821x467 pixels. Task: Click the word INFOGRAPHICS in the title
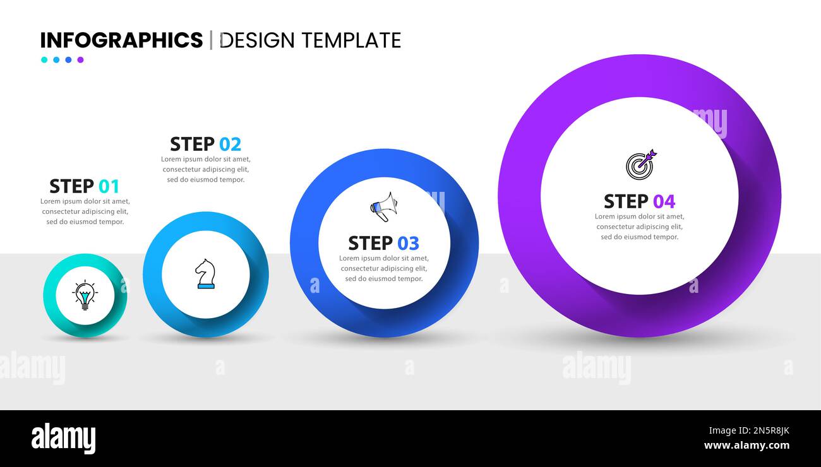pos(121,40)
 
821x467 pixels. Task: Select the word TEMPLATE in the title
pos(352,40)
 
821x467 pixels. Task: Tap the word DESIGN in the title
pos(257,40)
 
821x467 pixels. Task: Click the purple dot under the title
pos(80,60)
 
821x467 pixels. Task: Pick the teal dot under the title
pos(44,60)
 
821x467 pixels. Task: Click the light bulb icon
pos(85,295)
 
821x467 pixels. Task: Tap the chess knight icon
pos(206,274)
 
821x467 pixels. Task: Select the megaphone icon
pos(384,207)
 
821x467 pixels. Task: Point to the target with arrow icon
pos(641,165)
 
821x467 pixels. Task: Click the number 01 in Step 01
pos(109,186)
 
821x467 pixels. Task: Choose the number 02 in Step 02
pos(230,145)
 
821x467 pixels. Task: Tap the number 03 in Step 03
pos(409,243)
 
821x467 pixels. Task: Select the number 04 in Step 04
pos(664,201)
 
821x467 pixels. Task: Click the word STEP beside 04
pos(626,201)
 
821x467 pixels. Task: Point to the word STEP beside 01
pos(71,186)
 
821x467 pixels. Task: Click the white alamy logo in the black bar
pos(63,438)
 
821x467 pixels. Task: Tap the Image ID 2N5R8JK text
pos(749,430)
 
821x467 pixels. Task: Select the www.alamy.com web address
pos(746,446)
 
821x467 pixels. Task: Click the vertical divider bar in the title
pos(211,40)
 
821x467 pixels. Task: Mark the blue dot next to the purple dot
pos(68,60)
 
